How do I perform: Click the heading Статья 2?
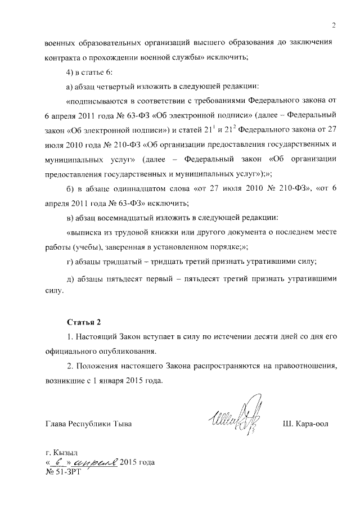coord(84,322)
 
